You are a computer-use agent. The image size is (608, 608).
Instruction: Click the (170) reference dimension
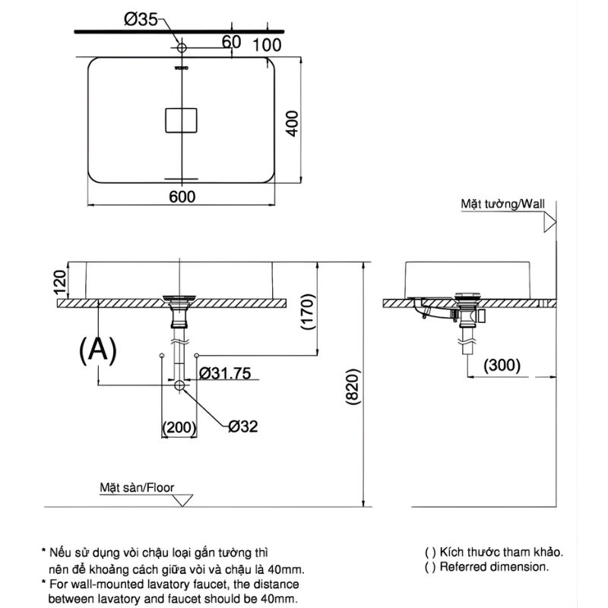click(x=307, y=310)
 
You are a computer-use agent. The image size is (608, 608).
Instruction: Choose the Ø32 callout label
click(x=243, y=426)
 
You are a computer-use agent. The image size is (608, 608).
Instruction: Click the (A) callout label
click(x=98, y=349)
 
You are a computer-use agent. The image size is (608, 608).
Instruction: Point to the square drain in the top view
click(x=181, y=120)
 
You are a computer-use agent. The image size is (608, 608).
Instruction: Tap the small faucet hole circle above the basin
click(x=181, y=49)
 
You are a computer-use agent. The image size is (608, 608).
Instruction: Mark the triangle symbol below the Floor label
click(x=182, y=500)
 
